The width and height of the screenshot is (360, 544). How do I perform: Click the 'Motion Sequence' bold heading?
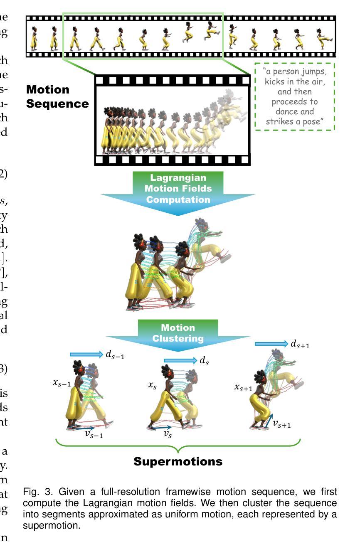57,96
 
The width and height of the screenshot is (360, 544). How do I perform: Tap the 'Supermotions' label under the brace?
178,461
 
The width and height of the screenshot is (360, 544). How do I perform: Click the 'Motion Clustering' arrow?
178,333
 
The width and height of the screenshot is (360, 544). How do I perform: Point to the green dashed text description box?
294,96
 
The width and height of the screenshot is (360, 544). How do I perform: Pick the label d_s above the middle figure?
204,361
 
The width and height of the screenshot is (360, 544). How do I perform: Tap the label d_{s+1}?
300,344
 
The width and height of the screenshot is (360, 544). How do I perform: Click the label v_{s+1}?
281,424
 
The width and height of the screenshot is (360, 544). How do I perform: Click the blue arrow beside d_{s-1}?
86,354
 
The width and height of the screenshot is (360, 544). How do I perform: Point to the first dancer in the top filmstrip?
34,37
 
